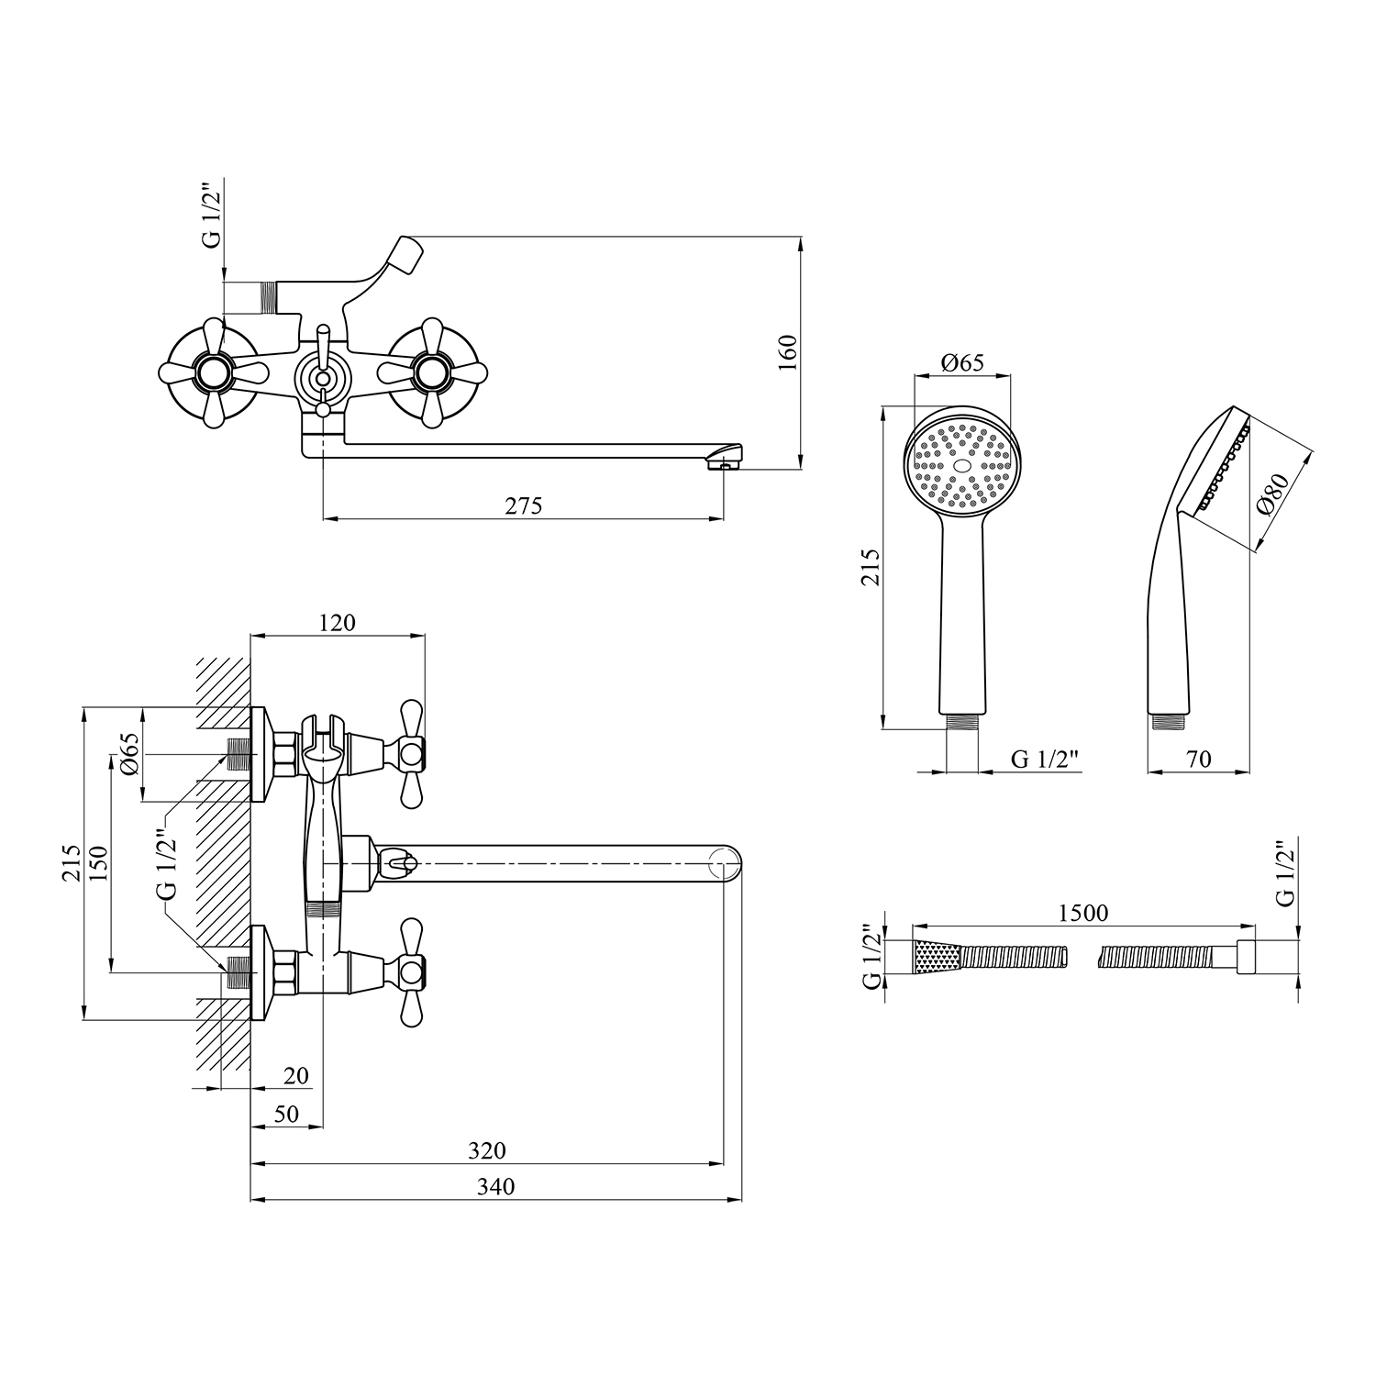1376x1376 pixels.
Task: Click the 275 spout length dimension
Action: pos(524,505)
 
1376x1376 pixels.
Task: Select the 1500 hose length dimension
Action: pos(1083,913)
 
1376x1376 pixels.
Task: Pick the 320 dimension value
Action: pos(487,1150)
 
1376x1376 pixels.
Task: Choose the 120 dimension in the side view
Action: pos(337,623)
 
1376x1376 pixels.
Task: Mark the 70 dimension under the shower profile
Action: pos(1199,759)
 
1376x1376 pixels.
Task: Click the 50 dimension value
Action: pos(286,1114)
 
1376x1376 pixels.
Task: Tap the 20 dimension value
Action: pos(295,1075)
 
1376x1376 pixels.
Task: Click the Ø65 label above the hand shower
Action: pos(962,362)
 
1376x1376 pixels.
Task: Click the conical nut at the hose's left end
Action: pos(936,957)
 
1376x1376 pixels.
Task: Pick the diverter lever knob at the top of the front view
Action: pos(405,251)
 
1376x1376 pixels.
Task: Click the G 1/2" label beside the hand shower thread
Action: pos(1045,759)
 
